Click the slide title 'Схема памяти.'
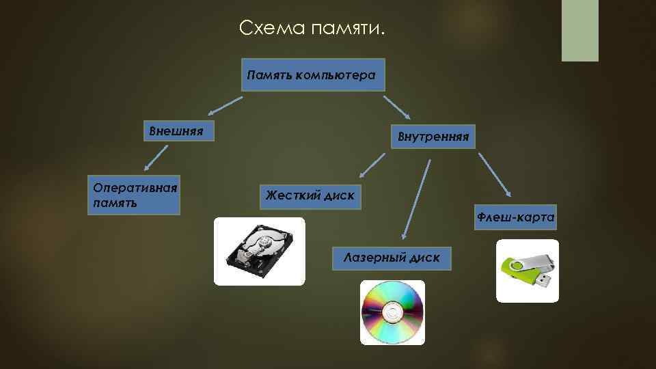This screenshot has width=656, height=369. [313, 29]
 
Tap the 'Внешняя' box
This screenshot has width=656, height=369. [178, 131]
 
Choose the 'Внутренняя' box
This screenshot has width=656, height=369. [429, 137]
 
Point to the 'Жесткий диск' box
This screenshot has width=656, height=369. [310, 196]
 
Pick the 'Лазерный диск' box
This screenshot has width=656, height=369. [392, 257]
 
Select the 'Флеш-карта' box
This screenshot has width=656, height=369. [515, 217]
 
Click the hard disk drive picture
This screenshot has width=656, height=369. [260, 251]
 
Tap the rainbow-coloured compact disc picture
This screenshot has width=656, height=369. [392, 312]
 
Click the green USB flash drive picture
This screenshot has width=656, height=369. [527, 271]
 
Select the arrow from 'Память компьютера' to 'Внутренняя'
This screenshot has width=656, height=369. [396, 107]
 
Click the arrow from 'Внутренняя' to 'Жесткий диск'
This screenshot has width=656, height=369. [372, 163]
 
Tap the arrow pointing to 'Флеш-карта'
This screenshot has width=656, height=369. [495, 174]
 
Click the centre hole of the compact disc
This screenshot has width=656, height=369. [392, 314]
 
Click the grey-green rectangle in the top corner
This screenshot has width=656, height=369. [579, 30]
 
